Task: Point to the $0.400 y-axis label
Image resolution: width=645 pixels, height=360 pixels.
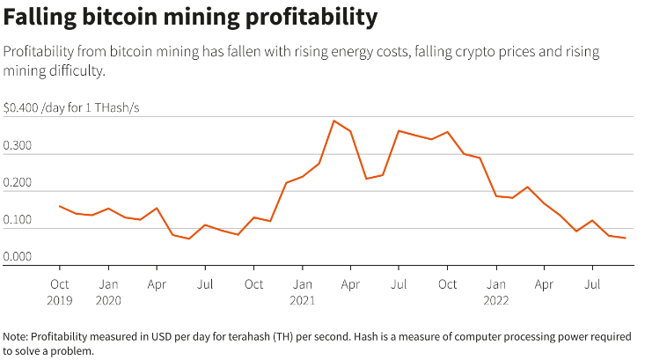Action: (x=21, y=107)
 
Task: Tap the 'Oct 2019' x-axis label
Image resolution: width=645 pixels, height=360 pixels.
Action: (x=60, y=291)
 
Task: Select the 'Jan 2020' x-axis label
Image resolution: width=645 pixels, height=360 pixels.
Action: (x=108, y=291)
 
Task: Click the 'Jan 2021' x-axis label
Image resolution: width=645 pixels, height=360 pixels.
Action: (x=303, y=291)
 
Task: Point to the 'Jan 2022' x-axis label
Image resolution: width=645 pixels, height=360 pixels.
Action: (x=496, y=291)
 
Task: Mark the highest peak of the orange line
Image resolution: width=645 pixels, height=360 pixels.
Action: (x=334, y=121)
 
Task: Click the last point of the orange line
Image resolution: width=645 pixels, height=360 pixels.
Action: (x=625, y=238)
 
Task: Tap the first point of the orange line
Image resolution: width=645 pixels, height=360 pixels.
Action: (x=60, y=206)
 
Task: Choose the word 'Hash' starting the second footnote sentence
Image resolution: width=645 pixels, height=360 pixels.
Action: (x=411, y=337)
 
